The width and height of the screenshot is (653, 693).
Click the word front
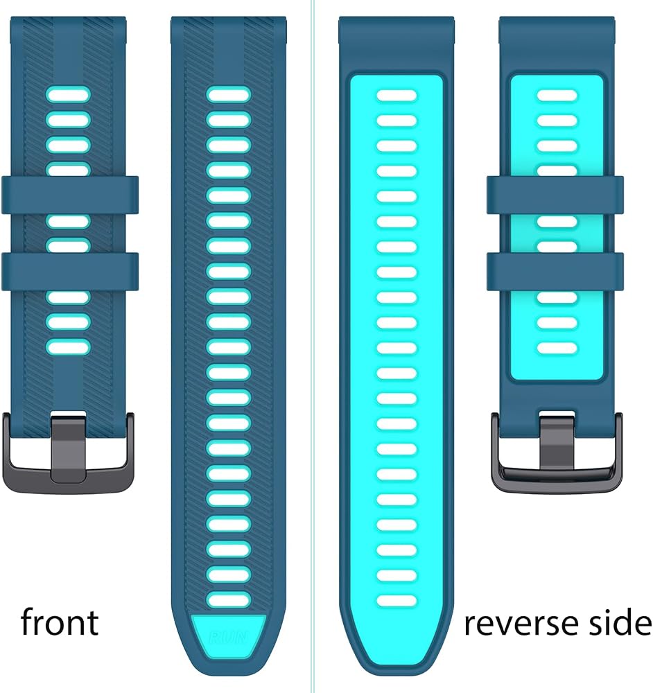[60, 622]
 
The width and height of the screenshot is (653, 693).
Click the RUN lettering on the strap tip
[229, 638]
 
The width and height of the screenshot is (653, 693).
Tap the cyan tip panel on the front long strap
[229, 636]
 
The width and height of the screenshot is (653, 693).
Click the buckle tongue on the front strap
[69, 447]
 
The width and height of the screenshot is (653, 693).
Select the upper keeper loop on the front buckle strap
[70, 195]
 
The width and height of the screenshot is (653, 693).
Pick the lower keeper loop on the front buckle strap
[70, 272]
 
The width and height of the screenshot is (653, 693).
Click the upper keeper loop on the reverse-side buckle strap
[555, 195]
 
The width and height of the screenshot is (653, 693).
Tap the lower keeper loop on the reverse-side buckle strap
[555, 272]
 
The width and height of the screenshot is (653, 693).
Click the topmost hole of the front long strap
[229, 95]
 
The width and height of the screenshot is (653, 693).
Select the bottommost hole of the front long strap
[229, 600]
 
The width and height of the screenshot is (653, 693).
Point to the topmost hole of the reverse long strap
[397, 96]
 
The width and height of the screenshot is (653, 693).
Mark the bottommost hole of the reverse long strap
[397, 601]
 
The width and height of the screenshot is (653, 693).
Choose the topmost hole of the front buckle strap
[68, 95]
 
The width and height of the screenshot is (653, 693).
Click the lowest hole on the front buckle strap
[68, 347]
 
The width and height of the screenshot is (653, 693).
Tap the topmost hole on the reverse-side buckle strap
[557, 96]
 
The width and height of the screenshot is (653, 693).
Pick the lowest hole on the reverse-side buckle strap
[557, 348]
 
